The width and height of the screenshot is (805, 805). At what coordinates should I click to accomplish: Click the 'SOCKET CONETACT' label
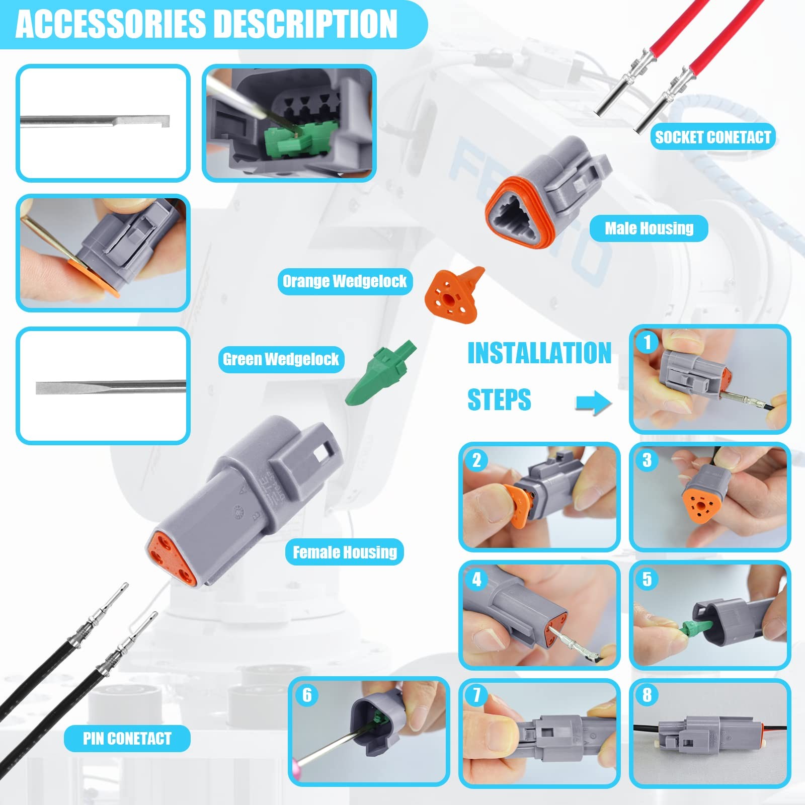tap(712, 137)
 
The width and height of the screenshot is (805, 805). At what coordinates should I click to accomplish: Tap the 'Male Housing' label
tap(649, 228)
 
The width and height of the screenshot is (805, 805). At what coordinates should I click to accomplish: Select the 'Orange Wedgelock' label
tap(345, 281)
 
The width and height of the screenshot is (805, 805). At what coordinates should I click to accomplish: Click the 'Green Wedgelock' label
tap(281, 359)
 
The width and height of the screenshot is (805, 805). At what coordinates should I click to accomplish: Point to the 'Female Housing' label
tap(345, 552)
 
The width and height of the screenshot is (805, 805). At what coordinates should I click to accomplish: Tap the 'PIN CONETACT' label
tap(127, 739)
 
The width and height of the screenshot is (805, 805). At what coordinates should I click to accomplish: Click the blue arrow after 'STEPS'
tap(594, 403)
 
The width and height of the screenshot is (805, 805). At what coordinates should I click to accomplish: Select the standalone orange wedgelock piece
tap(453, 295)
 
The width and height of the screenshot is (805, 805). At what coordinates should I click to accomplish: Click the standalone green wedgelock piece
tap(381, 373)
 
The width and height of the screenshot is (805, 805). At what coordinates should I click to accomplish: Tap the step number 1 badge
tap(648, 343)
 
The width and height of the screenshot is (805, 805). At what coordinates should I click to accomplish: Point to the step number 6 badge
tap(307, 695)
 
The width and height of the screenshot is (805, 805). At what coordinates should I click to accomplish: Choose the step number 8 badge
tap(648, 695)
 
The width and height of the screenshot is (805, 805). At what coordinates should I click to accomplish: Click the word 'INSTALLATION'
tap(539, 353)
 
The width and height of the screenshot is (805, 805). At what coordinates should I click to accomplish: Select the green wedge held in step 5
tap(697, 627)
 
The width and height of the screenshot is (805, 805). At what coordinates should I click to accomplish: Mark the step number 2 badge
tap(476, 460)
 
